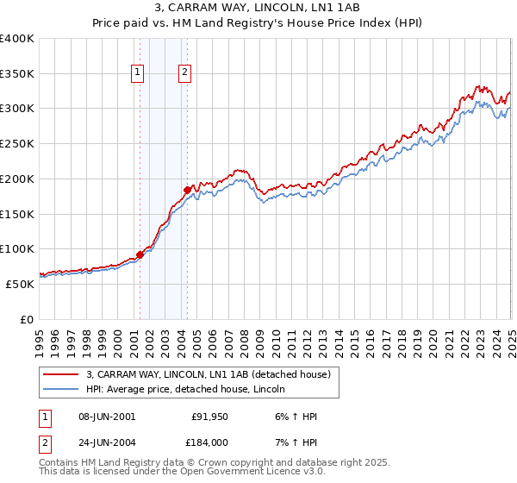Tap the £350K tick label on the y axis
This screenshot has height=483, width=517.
(17, 74)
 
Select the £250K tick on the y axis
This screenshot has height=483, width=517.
(17, 144)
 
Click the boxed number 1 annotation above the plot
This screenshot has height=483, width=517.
(138, 73)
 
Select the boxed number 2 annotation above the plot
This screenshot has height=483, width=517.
(185, 73)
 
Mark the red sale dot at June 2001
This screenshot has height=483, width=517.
(140, 254)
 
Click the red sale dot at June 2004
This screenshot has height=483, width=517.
(187, 189)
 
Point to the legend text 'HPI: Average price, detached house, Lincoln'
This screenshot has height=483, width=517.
(191, 389)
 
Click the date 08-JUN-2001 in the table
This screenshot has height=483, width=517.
(106, 417)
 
